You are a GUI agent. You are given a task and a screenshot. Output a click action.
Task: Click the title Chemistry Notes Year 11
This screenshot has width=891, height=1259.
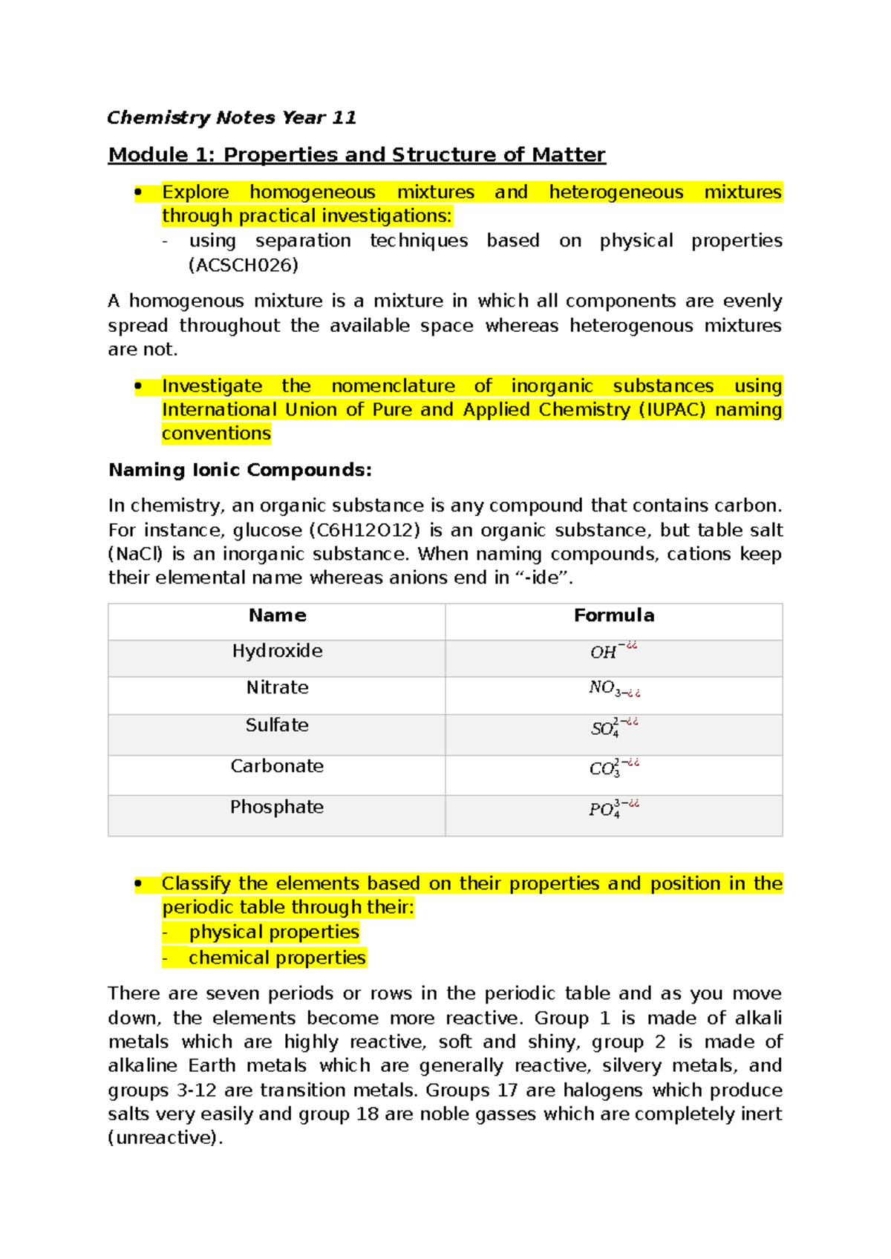point(232,117)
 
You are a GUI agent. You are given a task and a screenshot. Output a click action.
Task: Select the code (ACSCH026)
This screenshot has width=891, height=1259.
point(244,265)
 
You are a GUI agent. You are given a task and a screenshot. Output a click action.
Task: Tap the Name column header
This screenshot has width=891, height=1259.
point(277,615)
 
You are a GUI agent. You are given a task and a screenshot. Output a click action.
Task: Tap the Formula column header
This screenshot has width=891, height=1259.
point(613,615)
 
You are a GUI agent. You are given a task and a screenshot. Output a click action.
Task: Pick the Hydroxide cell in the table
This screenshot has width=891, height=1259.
point(277,651)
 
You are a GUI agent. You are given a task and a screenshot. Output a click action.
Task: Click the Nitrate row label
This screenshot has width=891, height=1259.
point(277,687)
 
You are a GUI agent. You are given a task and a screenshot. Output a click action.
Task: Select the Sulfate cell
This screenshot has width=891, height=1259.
point(277,725)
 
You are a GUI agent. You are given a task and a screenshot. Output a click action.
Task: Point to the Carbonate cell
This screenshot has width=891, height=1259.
point(277,766)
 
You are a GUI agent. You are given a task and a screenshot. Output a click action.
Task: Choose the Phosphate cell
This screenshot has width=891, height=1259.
point(277,807)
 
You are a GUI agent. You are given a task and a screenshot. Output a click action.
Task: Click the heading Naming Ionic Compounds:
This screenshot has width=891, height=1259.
point(240,470)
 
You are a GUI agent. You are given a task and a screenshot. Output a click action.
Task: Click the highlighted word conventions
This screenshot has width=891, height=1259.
point(216,434)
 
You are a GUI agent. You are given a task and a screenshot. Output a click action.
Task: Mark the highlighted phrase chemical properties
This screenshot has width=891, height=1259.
point(277,958)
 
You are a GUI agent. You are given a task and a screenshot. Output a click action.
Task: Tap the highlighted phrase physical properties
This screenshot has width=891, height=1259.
point(274,932)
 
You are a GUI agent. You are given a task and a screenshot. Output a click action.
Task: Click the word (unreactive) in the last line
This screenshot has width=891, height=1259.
point(165,1138)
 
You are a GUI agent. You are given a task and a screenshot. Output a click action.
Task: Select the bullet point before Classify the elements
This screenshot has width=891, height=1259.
point(138,883)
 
